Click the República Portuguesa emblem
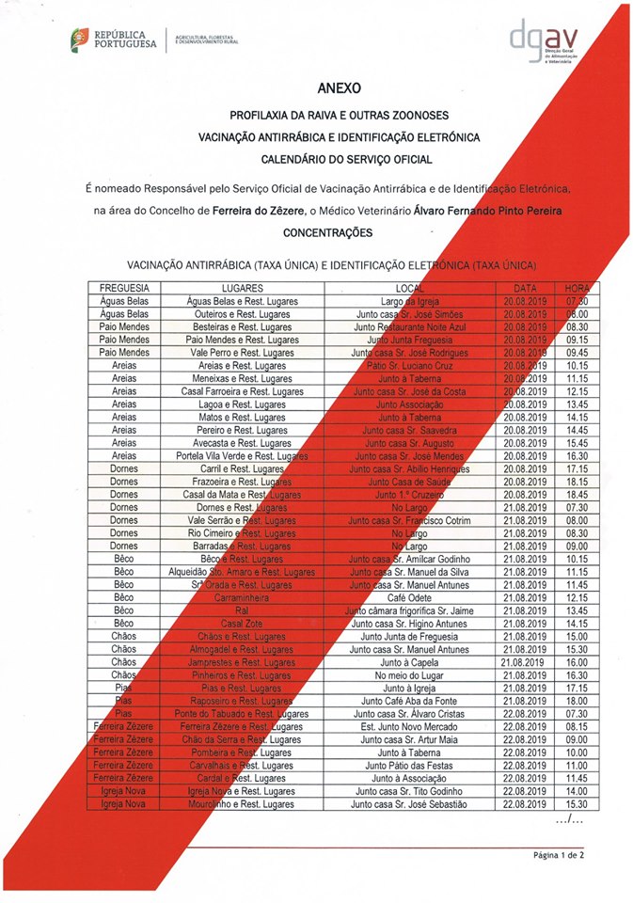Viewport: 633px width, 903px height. coord(82,40)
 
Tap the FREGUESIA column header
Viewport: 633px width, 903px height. coord(124,287)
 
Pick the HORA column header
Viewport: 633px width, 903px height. coord(578,287)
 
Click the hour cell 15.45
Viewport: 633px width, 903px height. coord(578,442)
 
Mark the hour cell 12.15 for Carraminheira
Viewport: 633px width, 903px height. coord(578,597)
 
